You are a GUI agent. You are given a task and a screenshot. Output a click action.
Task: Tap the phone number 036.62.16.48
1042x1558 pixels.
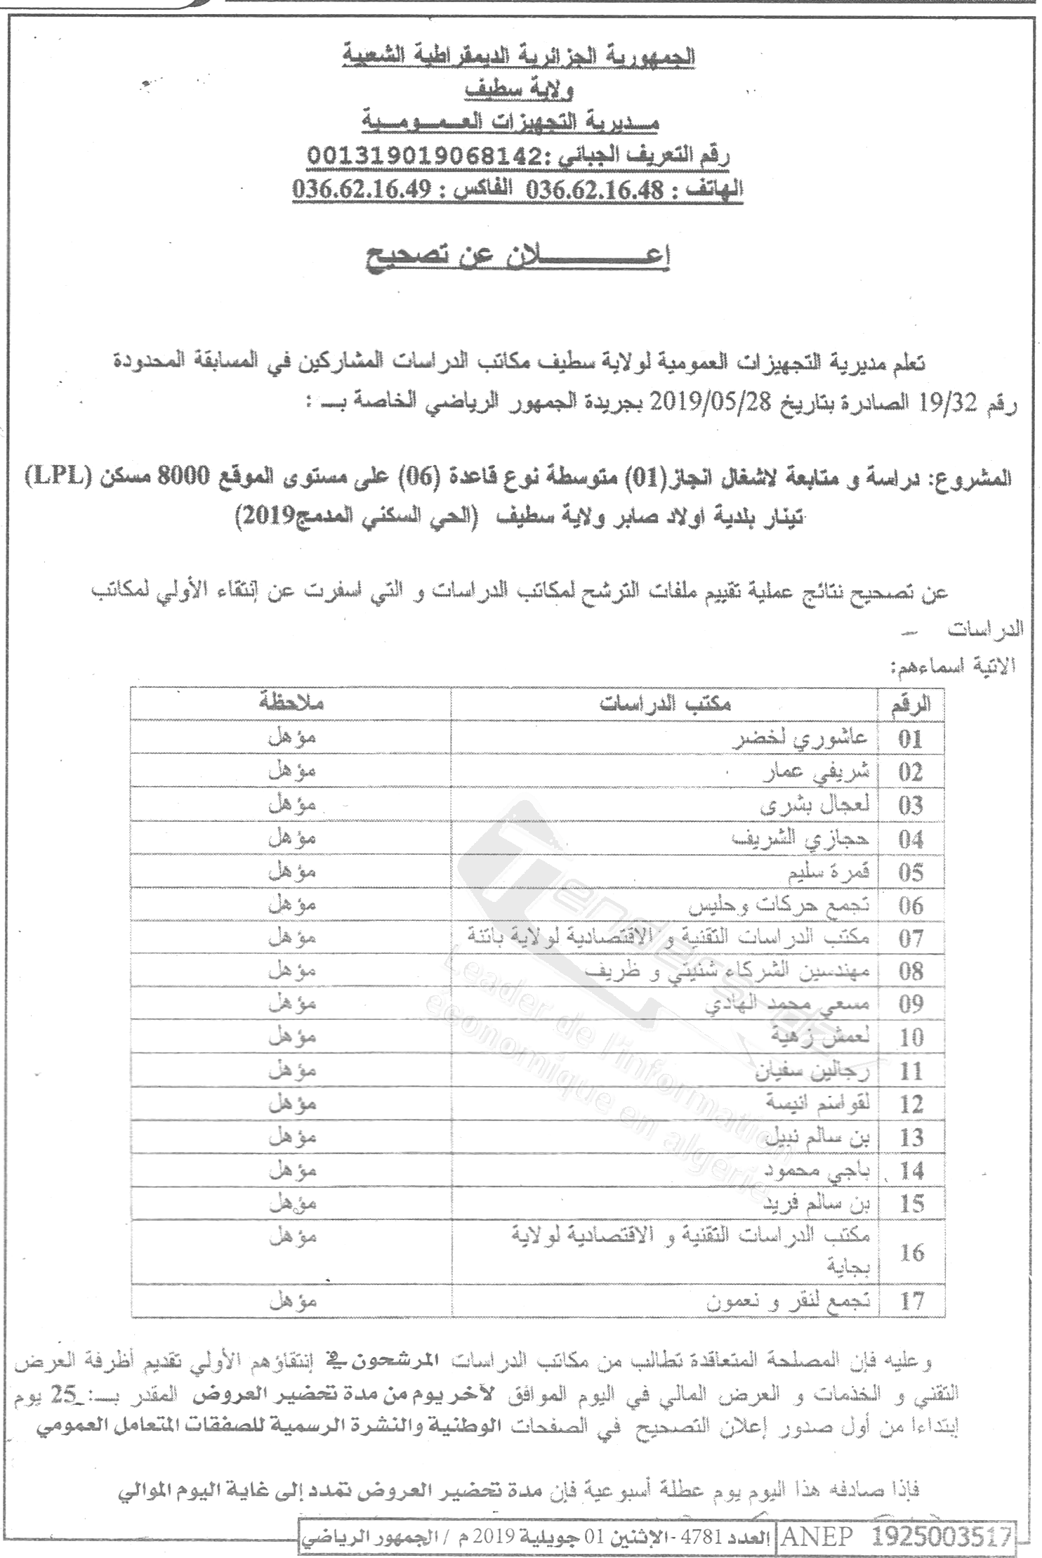[x=595, y=190]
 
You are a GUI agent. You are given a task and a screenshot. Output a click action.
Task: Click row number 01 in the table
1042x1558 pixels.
[x=911, y=738]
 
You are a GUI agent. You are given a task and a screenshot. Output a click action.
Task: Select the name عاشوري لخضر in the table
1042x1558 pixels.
[x=800, y=738]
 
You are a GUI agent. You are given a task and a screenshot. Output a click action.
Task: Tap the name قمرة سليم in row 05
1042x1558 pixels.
[x=829, y=872]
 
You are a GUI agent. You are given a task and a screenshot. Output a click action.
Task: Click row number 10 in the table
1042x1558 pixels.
[x=911, y=1037]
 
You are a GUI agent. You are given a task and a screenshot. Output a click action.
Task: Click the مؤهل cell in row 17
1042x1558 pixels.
[x=293, y=1301]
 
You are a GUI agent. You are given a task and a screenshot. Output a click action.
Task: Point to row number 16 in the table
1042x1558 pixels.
[x=911, y=1252]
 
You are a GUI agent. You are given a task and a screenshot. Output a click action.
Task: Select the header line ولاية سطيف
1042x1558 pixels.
[x=518, y=90]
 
